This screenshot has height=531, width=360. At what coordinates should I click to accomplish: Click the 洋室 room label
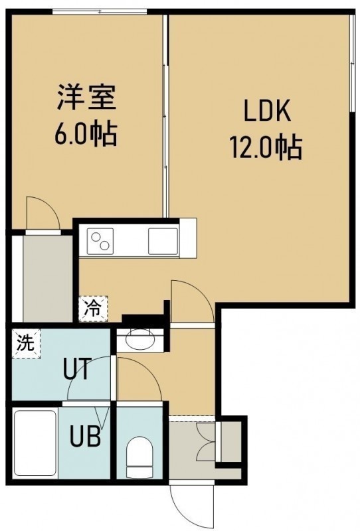[x=86, y=97]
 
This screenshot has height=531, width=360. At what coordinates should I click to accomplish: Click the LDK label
[x=267, y=111]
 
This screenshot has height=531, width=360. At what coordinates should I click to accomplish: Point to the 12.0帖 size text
[x=266, y=147]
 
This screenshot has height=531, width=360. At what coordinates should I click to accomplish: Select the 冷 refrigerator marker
[x=93, y=309]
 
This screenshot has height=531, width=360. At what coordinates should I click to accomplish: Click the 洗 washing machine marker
[x=26, y=343]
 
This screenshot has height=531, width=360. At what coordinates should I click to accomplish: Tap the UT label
[x=77, y=369]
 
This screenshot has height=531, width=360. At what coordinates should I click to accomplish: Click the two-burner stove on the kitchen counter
[x=100, y=241]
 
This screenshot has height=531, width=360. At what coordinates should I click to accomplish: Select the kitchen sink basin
[x=163, y=241]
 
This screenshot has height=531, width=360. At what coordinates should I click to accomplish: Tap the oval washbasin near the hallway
[x=140, y=338]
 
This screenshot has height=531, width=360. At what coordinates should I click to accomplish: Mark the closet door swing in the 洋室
[x=43, y=213]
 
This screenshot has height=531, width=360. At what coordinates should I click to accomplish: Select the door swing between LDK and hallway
[x=192, y=301]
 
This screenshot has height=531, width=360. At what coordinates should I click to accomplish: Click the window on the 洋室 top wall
[x=100, y=12]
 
